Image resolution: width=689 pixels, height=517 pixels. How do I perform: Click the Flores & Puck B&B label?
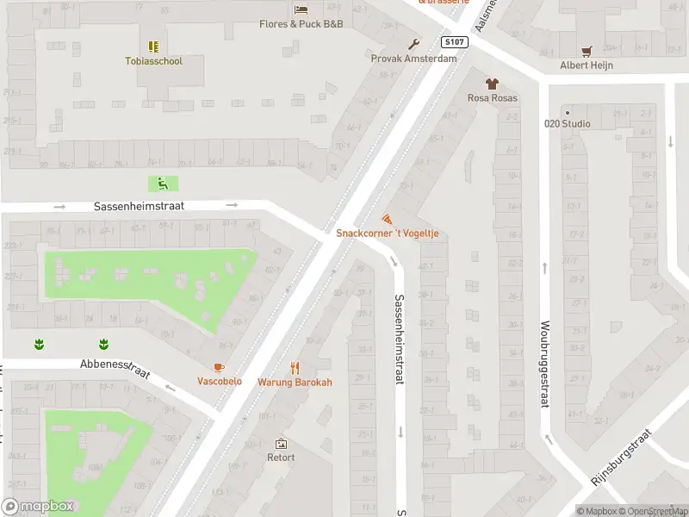[x=301, y=23]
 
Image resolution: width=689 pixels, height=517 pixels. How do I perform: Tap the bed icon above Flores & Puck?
[x=301, y=9]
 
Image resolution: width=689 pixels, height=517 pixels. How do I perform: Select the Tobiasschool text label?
[x=153, y=61]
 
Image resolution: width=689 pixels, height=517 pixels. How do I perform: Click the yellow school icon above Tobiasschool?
[x=153, y=47]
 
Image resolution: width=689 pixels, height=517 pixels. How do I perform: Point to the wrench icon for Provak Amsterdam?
[x=413, y=44]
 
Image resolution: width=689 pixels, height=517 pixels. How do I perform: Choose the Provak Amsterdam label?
[x=413, y=59]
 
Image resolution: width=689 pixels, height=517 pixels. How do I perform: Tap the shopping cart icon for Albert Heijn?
[x=586, y=51]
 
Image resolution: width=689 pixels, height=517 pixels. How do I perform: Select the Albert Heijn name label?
[x=586, y=65]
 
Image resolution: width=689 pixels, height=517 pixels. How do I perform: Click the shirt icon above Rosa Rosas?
[x=492, y=84]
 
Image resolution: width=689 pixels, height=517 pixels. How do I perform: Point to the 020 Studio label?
[x=567, y=123]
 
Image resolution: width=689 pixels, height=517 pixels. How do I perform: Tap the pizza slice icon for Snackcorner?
[x=386, y=220]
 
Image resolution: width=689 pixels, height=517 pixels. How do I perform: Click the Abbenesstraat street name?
[x=115, y=368]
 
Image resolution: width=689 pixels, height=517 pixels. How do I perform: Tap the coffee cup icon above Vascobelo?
[x=219, y=368]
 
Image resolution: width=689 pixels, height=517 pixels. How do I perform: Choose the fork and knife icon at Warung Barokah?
[x=295, y=368]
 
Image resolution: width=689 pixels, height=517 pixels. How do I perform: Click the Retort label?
[x=281, y=458]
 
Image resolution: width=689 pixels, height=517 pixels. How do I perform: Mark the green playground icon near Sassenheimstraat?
[x=162, y=183]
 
